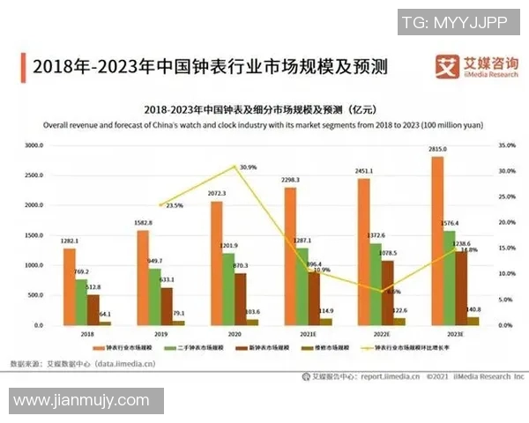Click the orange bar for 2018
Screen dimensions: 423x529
tap(69, 286)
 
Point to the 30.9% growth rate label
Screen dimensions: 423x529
tap(247, 167)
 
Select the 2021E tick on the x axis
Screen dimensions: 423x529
tap(308, 335)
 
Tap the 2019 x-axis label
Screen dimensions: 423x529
tap(160, 335)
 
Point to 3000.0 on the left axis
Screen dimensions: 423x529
tap(33, 145)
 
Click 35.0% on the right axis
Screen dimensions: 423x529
tap(505, 145)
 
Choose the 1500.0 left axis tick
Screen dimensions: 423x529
tap(33, 235)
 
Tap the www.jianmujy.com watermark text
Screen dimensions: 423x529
tap(82, 401)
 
